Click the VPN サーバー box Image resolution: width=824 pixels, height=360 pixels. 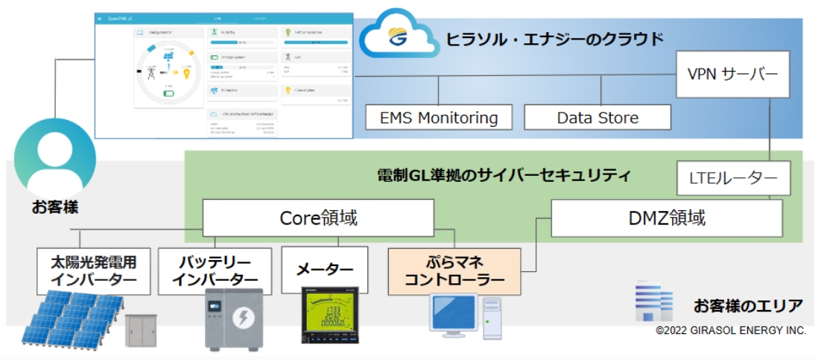pyautogui.click(x=732, y=74)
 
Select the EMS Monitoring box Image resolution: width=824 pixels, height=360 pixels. pyautogui.click(x=439, y=118)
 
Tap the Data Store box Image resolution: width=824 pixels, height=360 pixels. pyautogui.click(x=598, y=118)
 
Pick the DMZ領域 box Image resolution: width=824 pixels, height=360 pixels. pyautogui.click(x=667, y=218)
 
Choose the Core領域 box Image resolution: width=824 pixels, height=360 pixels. pyautogui.click(x=318, y=218)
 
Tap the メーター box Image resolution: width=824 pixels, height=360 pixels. pyautogui.click(x=325, y=270)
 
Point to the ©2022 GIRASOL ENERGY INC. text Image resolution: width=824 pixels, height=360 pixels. pyautogui.click(x=731, y=330)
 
